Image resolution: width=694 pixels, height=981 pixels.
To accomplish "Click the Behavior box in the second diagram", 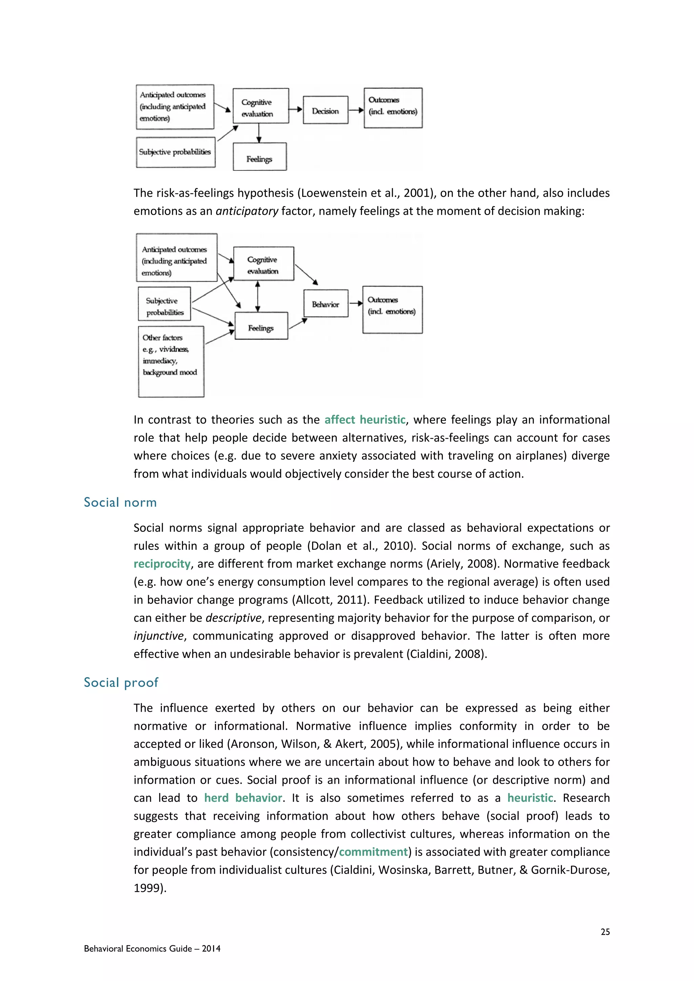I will tap(326, 304).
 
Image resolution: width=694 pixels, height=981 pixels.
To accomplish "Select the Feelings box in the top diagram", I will tap(259, 157).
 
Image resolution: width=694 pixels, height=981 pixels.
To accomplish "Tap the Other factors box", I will tap(171, 361).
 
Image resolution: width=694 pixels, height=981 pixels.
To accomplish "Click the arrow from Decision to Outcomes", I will tap(355, 110).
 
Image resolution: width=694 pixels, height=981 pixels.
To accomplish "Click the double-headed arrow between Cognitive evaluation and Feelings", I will tap(257, 296).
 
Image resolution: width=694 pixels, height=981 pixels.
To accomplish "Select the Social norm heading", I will tap(120, 502).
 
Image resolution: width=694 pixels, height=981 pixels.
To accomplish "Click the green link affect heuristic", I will tap(365, 420).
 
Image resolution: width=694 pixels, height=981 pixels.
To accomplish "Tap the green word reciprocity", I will tap(162, 564).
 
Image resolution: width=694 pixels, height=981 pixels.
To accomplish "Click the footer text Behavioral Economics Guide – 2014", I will tap(152, 948).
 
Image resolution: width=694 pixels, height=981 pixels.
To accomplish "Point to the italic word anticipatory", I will tap(247, 211).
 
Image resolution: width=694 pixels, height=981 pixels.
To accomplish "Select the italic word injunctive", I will tap(159, 636).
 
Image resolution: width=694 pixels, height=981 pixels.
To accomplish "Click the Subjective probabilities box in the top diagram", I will tap(175, 152).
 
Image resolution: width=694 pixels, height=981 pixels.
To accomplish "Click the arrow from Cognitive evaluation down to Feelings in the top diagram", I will tap(259, 133).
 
